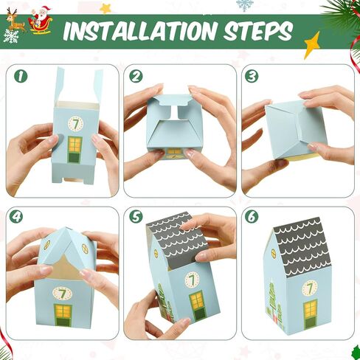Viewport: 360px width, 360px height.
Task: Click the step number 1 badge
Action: (x=21, y=76)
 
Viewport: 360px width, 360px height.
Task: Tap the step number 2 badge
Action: (x=136, y=76)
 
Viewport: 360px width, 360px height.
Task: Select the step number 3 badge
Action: (x=252, y=76)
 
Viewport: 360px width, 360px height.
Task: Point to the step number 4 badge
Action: (x=16, y=216)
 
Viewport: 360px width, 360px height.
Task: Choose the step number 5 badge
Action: (x=136, y=216)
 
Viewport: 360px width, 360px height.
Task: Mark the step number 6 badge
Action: (x=252, y=216)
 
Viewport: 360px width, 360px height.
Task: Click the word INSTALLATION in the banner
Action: (x=139, y=32)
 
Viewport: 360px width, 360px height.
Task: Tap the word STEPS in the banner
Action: (x=258, y=32)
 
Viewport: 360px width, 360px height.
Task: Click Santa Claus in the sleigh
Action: (x=41, y=20)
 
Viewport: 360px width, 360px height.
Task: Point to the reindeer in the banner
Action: (x=15, y=21)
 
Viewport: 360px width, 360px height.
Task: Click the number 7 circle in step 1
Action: (x=75, y=123)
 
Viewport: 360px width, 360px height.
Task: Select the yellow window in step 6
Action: (x=310, y=308)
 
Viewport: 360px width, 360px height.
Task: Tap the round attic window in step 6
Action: (x=274, y=253)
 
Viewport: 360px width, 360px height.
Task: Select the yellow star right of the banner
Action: (x=312, y=46)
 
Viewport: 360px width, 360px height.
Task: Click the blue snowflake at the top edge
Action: (x=244, y=5)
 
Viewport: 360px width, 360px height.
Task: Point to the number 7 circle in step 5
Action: (x=193, y=280)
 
